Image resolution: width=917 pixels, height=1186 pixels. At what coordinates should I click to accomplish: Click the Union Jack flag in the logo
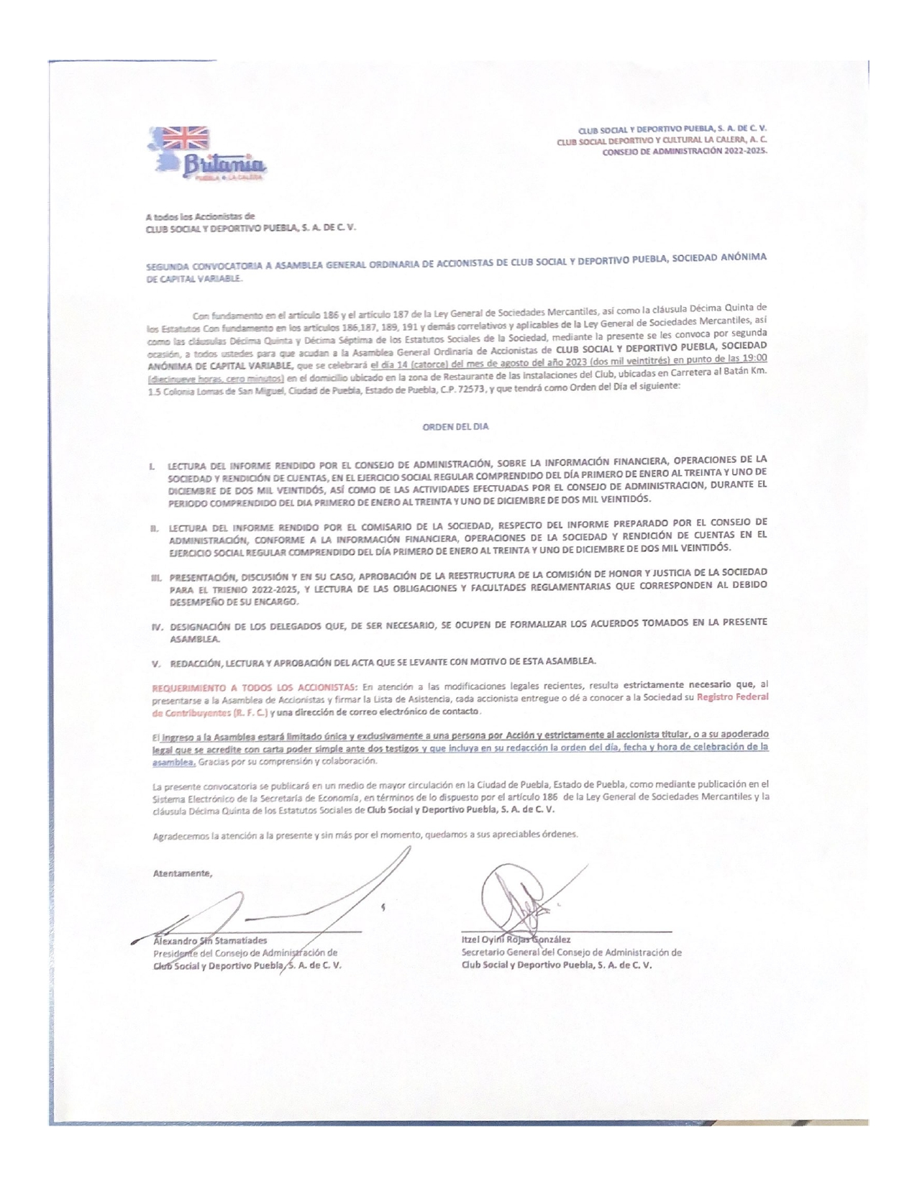183,137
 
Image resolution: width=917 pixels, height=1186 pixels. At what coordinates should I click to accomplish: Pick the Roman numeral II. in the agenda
154,528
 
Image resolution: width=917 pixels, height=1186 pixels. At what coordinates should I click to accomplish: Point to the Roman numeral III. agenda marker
155,577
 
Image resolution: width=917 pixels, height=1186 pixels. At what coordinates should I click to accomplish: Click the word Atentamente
183,874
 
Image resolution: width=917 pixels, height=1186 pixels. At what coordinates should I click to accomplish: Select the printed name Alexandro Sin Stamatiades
210,940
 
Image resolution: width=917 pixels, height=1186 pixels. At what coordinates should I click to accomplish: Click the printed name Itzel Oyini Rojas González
516,939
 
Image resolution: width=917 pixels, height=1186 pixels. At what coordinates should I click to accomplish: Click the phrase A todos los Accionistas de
200,216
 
